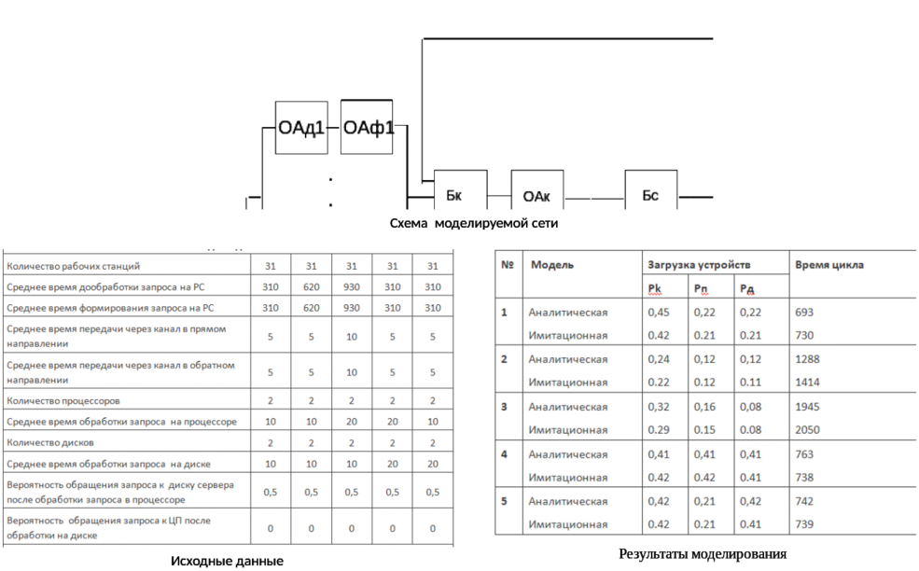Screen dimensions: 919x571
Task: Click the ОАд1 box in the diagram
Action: coord(301,127)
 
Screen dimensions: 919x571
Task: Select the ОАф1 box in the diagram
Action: coord(367,127)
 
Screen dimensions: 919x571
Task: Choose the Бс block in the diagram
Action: coord(651,195)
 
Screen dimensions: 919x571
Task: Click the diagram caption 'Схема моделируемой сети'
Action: coord(473,224)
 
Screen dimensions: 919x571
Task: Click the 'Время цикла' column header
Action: coord(829,265)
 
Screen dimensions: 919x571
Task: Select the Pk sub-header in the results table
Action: coord(655,288)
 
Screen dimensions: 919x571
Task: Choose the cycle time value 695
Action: coord(803,313)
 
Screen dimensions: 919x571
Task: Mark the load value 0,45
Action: coord(658,313)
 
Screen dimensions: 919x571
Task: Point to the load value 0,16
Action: coord(704,406)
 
